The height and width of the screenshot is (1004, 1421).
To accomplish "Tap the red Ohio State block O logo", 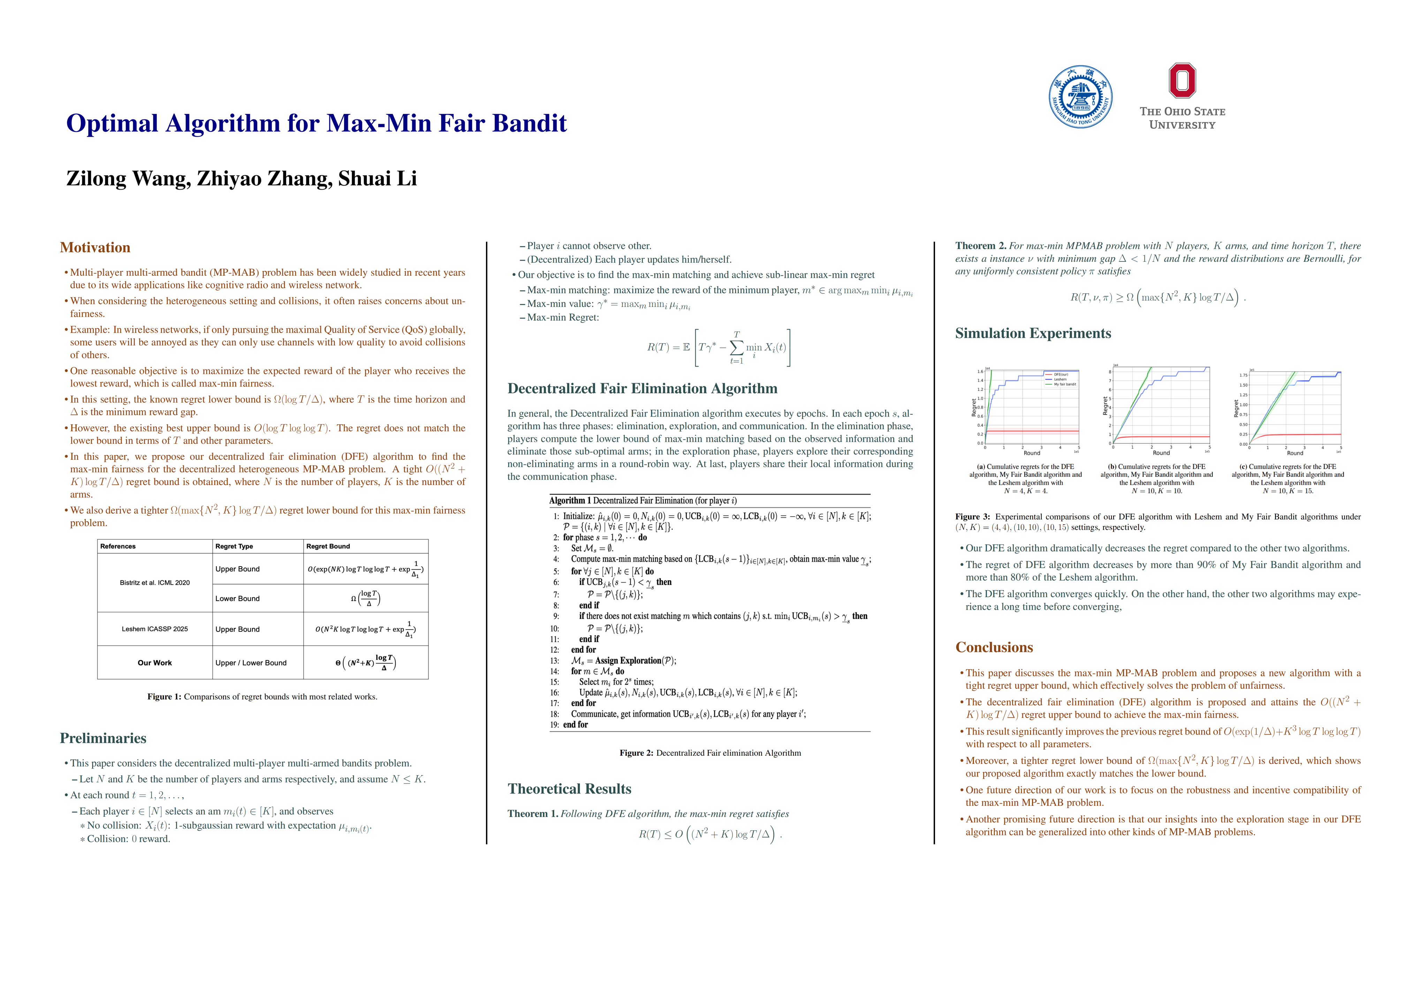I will tap(1182, 81).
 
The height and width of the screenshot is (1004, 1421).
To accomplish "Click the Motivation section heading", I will tap(95, 248).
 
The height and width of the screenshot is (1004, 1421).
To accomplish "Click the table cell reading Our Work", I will tap(155, 663).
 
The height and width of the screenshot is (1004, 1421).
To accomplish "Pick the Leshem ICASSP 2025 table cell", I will tap(155, 629).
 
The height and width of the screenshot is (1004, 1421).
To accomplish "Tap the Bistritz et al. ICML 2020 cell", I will tap(155, 583).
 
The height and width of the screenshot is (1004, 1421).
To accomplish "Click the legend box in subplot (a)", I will tap(1060, 379).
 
